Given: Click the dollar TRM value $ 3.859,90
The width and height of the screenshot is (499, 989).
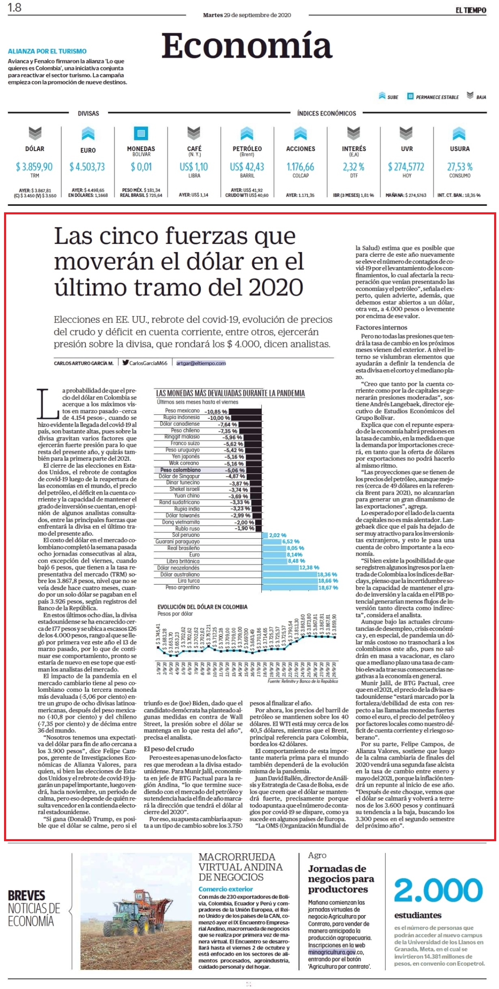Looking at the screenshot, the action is tap(34, 167).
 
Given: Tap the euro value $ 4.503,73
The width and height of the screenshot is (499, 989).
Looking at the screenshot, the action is tap(87, 167).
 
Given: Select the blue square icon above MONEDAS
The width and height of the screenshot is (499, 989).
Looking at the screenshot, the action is tap(141, 133).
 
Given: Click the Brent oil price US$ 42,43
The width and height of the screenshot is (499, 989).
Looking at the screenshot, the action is tap(247, 167).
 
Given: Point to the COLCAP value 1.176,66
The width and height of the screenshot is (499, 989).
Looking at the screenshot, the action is tap(300, 167).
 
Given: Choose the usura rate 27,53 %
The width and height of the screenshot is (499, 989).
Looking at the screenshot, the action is tap(460, 167).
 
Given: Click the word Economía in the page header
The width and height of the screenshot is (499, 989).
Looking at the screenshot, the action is tap(247, 46).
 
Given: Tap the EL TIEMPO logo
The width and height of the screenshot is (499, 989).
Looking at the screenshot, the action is tap(471, 10).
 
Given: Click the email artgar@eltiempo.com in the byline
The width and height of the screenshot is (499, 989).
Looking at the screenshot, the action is tap(201, 363).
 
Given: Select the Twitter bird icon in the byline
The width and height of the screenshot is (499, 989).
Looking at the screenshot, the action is tap(126, 363).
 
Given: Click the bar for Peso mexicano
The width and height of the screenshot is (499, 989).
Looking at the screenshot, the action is tap(245, 411).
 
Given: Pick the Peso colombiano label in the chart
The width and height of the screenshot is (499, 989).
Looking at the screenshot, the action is tap(180, 470).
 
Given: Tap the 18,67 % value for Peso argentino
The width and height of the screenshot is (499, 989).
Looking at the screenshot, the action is tap(328, 587).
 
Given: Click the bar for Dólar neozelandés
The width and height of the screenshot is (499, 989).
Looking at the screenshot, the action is tap(280, 568).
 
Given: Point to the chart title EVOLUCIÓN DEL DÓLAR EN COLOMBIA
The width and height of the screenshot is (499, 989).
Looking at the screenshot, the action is tap(202, 607).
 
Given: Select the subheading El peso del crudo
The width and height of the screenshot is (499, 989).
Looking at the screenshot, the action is tap(169, 749).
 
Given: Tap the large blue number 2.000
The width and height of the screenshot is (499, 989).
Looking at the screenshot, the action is tap(439, 890).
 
